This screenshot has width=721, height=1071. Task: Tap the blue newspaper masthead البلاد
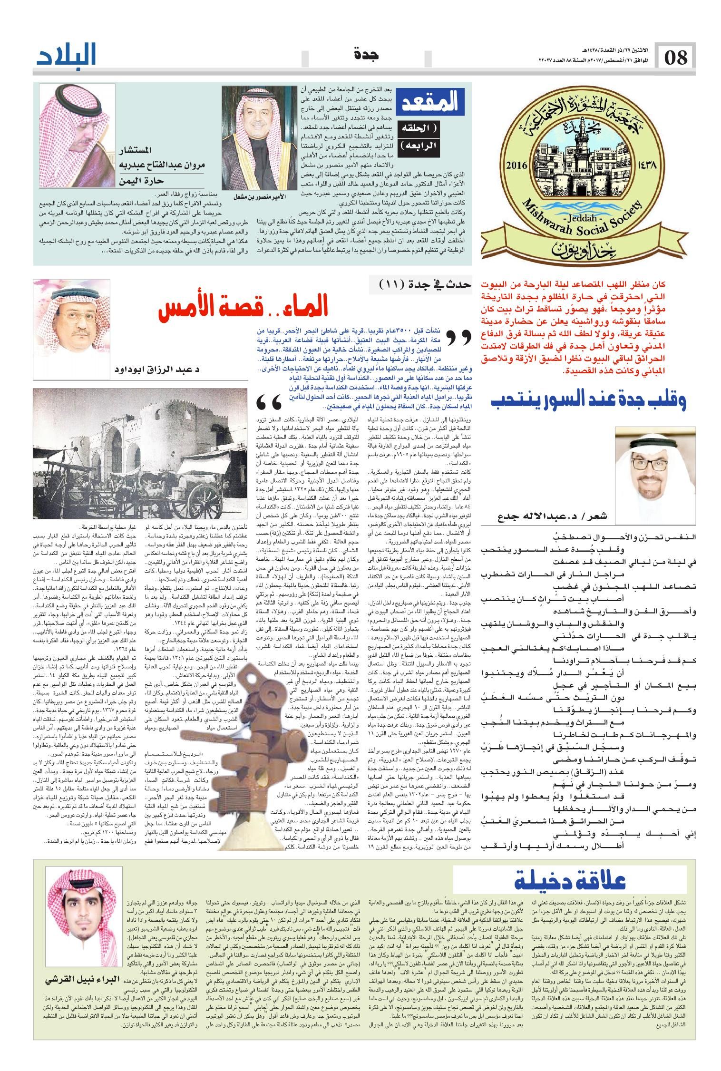click(67, 56)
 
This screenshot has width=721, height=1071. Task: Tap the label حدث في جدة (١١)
click(425, 284)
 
